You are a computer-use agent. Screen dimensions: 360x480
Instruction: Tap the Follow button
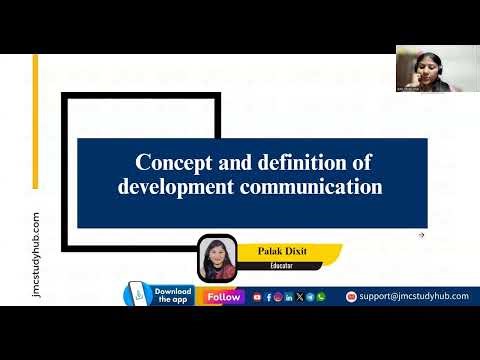[224, 297]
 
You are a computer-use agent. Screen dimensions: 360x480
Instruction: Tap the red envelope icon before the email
[351, 297]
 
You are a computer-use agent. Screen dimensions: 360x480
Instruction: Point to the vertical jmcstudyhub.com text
[37, 255]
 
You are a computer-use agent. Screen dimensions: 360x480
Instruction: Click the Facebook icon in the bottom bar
[268, 297]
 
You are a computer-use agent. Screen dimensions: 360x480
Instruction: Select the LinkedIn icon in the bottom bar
[289, 297]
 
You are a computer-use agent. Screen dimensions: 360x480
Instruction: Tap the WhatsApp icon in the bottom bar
[321, 297]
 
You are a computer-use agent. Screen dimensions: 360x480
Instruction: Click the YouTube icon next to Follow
[257, 297]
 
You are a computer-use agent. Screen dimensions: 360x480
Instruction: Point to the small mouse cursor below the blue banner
[422, 236]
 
